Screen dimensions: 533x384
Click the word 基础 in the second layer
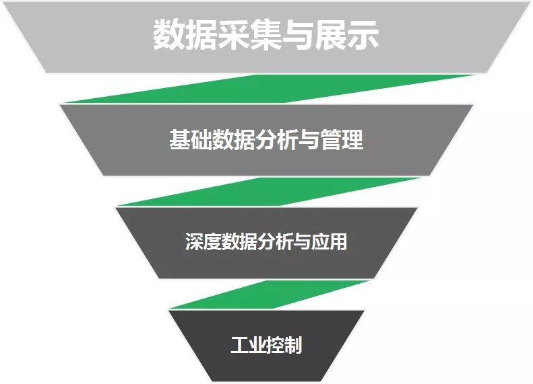190,140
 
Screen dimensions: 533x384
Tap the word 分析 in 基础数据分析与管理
277,140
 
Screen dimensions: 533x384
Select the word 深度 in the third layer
203,241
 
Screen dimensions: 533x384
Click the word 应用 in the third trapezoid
330,241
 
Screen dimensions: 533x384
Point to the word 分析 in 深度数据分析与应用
275,241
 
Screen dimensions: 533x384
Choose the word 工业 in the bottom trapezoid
248,346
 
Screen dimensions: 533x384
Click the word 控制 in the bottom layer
284,346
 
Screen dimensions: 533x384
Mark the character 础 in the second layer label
201,140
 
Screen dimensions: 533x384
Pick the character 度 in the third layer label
212,241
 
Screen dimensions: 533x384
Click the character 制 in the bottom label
293,346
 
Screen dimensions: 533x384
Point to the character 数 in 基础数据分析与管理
223,140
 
